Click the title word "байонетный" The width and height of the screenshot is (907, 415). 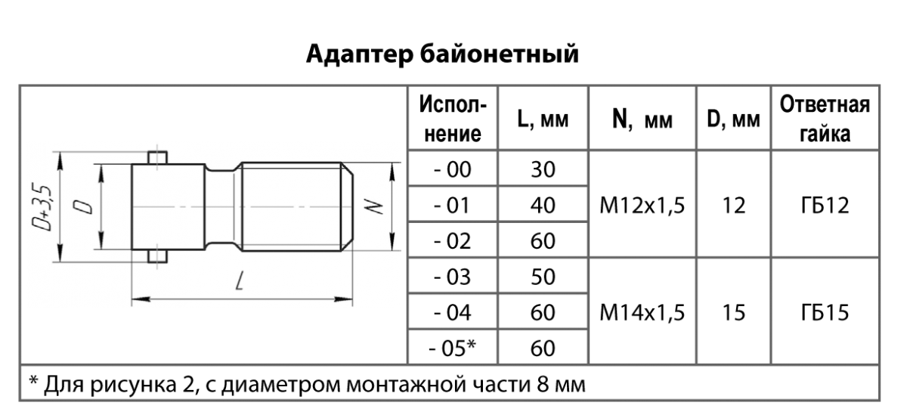pyautogui.click(x=500, y=54)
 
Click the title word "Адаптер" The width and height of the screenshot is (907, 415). pyautogui.click(x=360, y=54)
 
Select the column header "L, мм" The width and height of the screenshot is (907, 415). pyautogui.click(x=543, y=119)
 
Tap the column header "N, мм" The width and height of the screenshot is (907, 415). pyautogui.click(x=642, y=119)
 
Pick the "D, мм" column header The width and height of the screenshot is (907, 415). pyautogui.click(x=733, y=119)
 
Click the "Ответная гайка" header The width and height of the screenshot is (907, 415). pyautogui.click(x=825, y=119)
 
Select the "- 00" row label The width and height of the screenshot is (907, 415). pyautogui.click(x=452, y=169)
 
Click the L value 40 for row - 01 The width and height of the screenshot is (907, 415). pyautogui.click(x=543, y=206)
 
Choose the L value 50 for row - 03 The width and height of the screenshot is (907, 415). pyautogui.click(x=543, y=277)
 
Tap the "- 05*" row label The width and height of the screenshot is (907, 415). pyautogui.click(x=452, y=348)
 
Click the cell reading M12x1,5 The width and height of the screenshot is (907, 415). pyautogui.click(x=642, y=206)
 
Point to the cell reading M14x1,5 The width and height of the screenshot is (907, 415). pyautogui.click(x=642, y=312)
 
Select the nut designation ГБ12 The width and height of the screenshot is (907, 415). pyautogui.click(x=825, y=206)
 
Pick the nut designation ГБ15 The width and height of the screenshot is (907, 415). pyautogui.click(x=825, y=312)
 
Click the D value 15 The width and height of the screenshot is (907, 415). pyautogui.click(x=733, y=312)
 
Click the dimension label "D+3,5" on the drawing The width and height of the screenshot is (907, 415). pyautogui.click(x=42, y=208)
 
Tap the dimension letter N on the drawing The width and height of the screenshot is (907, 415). pyautogui.click(x=374, y=206)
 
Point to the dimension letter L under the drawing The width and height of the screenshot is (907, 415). pyautogui.click(x=240, y=280)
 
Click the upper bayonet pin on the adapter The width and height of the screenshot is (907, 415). pyautogui.click(x=157, y=157)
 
